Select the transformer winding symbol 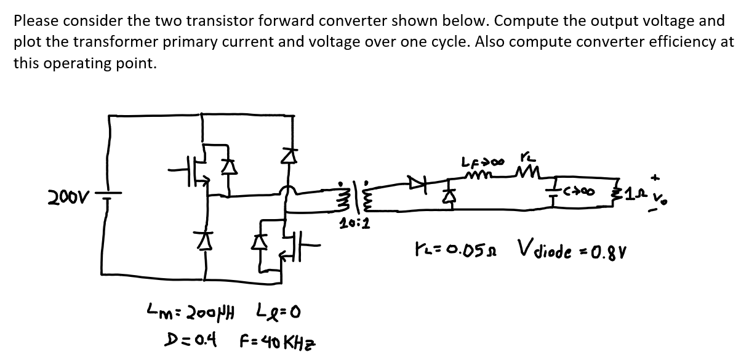pyautogui.click(x=353, y=195)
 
